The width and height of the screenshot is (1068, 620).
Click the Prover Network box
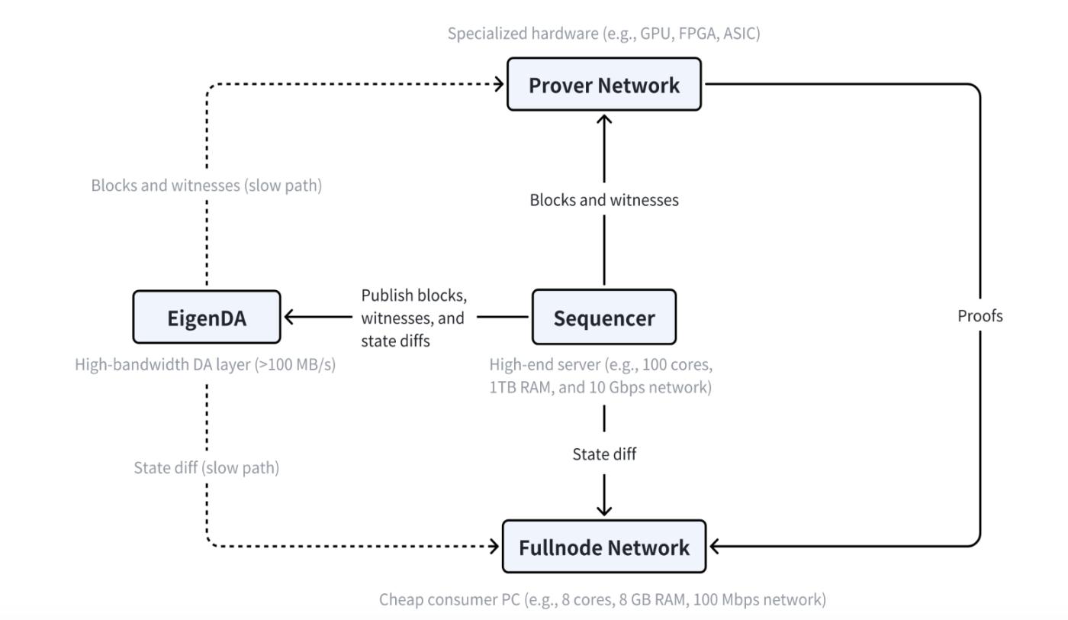pos(604,85)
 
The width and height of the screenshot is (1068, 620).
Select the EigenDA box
pos(207,317)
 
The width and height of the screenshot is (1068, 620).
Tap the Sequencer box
pos(604,317)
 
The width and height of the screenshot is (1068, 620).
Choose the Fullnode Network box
pos(604,547)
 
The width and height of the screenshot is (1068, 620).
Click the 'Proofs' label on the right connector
pos(980,316)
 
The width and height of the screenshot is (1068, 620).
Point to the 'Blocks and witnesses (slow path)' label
pos(207,186)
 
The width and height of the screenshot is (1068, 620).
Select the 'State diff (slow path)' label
pos(207,468)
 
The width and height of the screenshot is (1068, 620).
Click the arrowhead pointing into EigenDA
pos(288,316)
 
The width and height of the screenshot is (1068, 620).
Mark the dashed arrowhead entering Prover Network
pos(499,85)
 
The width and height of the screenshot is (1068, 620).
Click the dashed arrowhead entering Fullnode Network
pos(494,547)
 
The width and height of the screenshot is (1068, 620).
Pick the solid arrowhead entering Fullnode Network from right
pos(714,547)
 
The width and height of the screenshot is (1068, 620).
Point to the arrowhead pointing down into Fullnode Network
pos(604,511)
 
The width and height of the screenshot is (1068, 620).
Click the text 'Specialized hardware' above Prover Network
pos(523,34)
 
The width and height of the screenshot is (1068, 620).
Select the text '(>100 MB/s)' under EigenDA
pos(295,365)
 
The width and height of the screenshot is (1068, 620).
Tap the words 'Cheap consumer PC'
pos(449,599)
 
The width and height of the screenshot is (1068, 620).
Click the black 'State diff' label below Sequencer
pos(604,454)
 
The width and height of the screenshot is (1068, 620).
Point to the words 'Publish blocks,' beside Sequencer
pos(413,295)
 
